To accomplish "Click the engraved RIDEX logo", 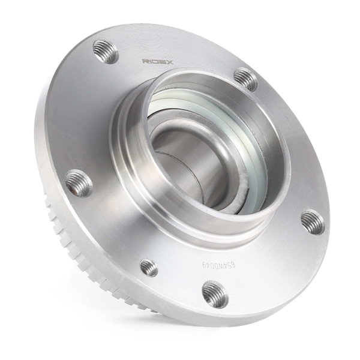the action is click(x=157, y=62).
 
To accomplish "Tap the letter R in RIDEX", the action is click(x=145, y=61).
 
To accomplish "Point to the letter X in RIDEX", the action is click(x=169, y=62).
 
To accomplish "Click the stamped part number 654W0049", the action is click(x=218, y=265).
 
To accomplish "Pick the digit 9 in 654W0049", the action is click(x=204, y=265).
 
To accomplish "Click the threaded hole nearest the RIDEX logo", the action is click(x=106, y=51).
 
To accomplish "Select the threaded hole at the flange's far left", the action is click(x=79, y=183).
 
